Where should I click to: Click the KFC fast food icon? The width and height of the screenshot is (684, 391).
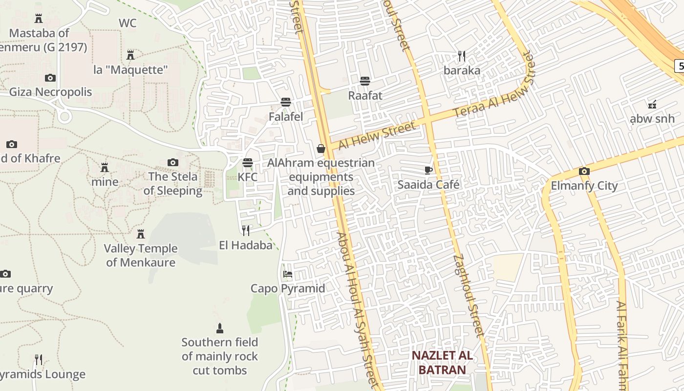click(248, 162)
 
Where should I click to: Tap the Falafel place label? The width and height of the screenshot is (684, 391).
click(286, 116)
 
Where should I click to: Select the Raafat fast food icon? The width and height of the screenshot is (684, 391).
click(365, 81)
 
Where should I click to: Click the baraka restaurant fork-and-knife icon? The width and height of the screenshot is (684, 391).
click(462, 56)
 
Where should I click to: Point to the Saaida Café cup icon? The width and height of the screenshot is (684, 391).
click(428, 170)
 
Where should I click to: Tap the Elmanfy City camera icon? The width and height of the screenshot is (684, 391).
click(584, 171)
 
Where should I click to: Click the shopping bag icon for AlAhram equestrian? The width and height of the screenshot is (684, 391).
click(321, 149)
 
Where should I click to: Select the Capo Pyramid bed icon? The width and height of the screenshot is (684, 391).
click(288, 274)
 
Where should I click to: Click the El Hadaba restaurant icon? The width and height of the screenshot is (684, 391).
click(246, 230)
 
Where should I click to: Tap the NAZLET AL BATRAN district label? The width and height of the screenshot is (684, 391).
click(442, 362)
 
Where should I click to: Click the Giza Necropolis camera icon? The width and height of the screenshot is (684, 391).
click(50, 78)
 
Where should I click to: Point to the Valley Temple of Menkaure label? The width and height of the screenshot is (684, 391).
click(141, 255)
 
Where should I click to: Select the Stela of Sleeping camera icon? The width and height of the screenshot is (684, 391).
click(173, 162)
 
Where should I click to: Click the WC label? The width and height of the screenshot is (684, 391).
click(128, 23)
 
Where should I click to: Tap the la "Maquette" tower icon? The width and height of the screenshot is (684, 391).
click(130, 55)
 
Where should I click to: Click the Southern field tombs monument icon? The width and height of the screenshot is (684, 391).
click(220, 328)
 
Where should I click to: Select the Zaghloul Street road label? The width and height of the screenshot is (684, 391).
click(468, 296)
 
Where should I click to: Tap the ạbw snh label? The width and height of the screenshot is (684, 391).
click(652, 118)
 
